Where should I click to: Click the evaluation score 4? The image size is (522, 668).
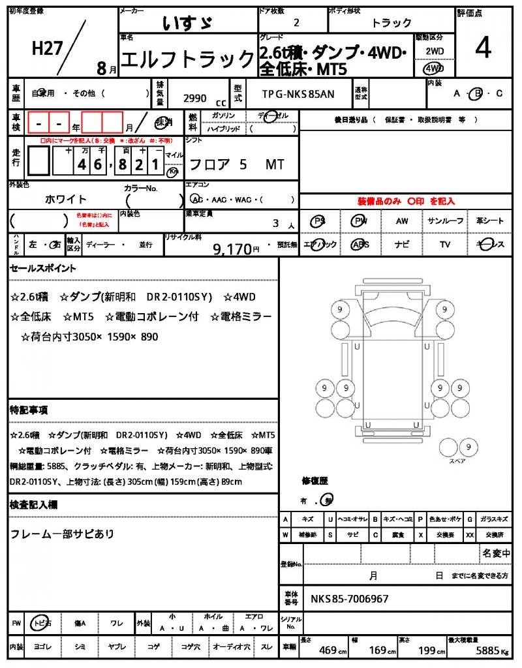coord(483,49)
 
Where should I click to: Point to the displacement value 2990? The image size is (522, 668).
coord(195,98)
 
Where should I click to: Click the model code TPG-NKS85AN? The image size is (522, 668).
coord(298,94)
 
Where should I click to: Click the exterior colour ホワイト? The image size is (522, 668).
coord(66,199)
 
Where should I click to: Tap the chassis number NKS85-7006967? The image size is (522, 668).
coord(350,598)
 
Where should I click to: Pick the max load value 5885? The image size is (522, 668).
coord(487,650)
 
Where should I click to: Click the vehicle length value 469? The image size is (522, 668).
coord(328,650)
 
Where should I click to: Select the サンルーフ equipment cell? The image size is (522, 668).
coord(446,221)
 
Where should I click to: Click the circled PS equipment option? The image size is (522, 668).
coord(319,221)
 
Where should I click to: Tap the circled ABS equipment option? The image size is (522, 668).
coord(360,245)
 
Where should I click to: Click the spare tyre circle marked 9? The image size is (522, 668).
coord(467,448)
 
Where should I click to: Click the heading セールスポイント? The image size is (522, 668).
coord(43,268)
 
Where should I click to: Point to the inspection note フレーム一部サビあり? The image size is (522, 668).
coord(63,534)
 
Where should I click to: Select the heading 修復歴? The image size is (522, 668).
coord(315,481)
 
